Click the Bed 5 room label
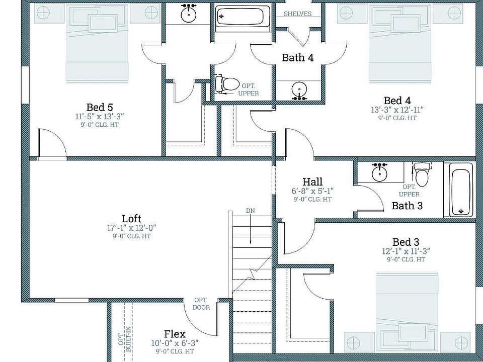click(x=100, y=107)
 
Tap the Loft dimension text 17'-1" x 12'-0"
click(x=131, y=228)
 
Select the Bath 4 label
click(x=298, y=57)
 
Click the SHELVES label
click(x=297, y=14)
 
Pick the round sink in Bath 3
click(x=379, y=172)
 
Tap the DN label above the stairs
click(x=251, y=211)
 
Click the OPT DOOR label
click(x=201, y=304)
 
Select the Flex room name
click(x=175, y=334)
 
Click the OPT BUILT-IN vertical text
click(x=125, y=339)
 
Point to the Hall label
click(x=312, y=182)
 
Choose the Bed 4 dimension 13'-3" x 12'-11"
click(x=397, y=110)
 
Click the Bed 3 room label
click(x=406, y=242)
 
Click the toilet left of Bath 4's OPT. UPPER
click(x=227, y=83)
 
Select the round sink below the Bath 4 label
click(x=299, y=90)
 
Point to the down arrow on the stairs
click(x=251, y=230)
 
